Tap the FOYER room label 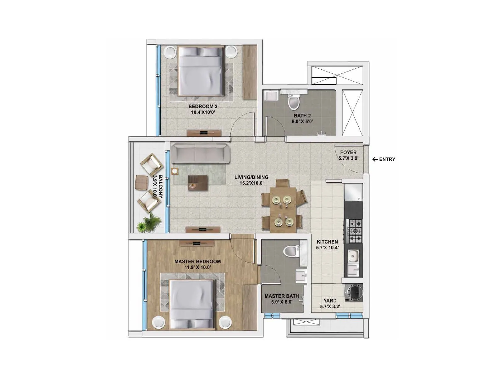click(348, 152)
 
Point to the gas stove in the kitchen click(354, 231)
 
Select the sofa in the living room click(200, 153)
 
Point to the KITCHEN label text click(327, 242)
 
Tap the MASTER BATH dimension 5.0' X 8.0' click(282, 302)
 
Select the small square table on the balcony click(141, 183)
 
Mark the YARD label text click(330, 301)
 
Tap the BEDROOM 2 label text click(203, 106)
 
